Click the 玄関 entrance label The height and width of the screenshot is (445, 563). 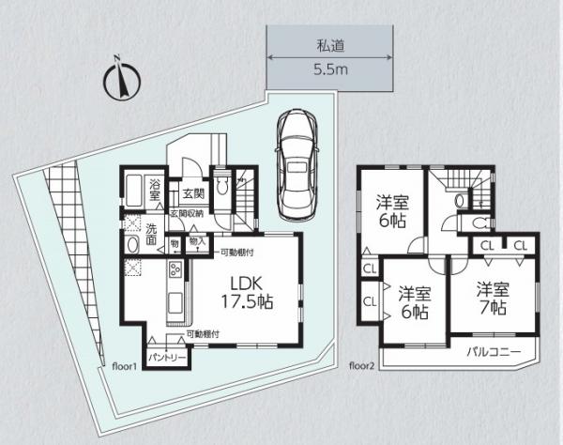coord(193,194)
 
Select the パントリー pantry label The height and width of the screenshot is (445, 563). coord(168,358)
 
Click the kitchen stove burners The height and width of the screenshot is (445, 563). coord(175,272)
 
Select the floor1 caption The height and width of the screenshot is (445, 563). coord(125,365)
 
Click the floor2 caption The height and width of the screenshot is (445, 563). coord(362,365)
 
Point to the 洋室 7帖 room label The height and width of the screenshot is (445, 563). coord(491,298)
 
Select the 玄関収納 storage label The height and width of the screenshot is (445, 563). coord(188,213)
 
